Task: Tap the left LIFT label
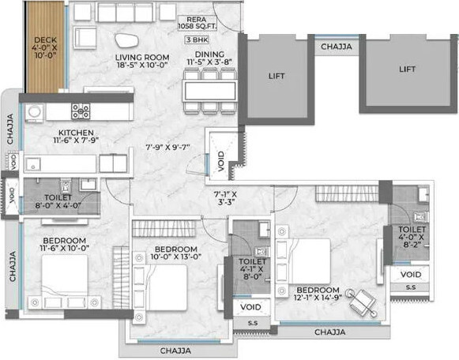point(277,77)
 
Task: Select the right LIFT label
point(407,69)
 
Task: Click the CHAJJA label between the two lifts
point(336,47)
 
